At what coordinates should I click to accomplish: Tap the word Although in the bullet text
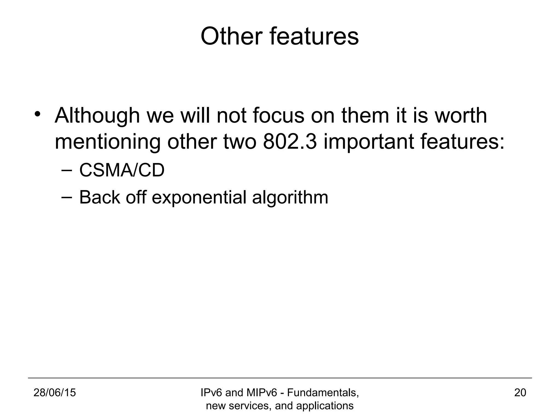pos(97,116)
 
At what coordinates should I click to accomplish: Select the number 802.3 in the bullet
pos(290,142)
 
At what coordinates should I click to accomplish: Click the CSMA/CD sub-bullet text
pos(122,170)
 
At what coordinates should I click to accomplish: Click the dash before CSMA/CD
pos(66,170)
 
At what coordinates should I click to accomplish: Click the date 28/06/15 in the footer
pos(54,393)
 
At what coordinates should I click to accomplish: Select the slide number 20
pos(520,393)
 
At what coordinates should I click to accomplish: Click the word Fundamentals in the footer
pos(323,393)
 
